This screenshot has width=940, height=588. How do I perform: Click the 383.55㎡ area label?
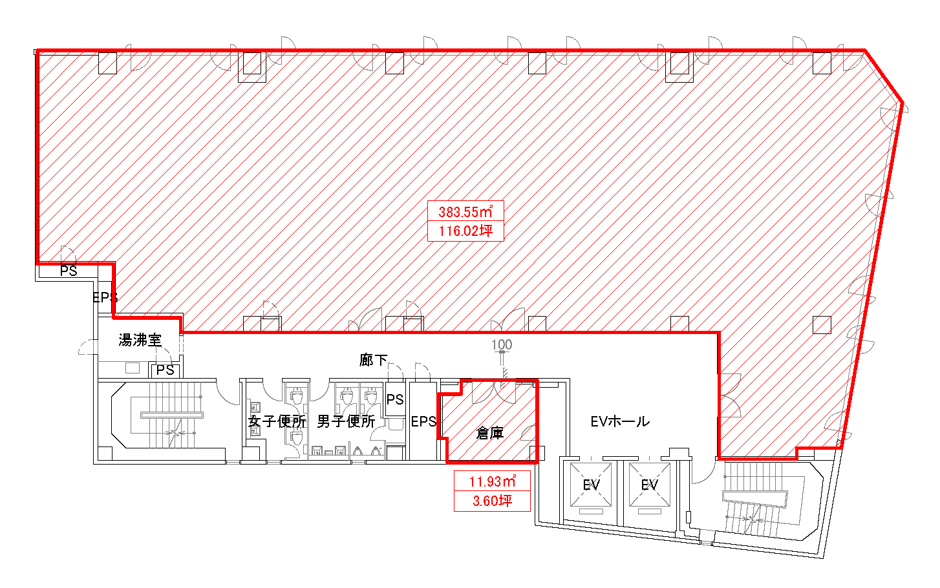coord(465,211)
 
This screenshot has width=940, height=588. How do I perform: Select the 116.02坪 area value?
coord(465,231)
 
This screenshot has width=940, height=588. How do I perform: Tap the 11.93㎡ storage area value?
coord(492,481)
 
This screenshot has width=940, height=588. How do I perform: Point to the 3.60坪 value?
coord(492,501)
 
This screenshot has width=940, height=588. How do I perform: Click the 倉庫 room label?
coord(490,433)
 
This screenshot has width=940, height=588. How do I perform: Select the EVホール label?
coord(620,421)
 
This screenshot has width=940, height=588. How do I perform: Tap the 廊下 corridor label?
coord(373,360)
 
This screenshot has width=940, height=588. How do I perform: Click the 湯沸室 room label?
coord(140,340)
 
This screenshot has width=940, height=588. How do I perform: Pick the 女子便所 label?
coord(277,421)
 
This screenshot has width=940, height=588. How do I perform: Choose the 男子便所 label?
coord(346,421)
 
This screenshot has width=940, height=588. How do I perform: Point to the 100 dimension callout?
coord(502,345)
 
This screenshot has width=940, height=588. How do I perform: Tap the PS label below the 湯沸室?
coord(165,370)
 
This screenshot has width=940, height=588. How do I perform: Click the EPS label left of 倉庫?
coord(423,421)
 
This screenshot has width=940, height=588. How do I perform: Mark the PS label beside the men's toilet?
coord(395,399)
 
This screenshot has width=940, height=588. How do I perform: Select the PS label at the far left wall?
coord(69,271)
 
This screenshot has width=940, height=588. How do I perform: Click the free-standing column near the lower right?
coord(822,325)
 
